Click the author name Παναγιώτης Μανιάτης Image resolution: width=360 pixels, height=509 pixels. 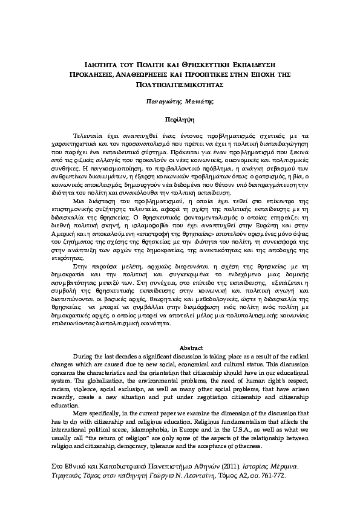point(179,103)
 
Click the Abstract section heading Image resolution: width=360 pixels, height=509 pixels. point(180,349)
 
